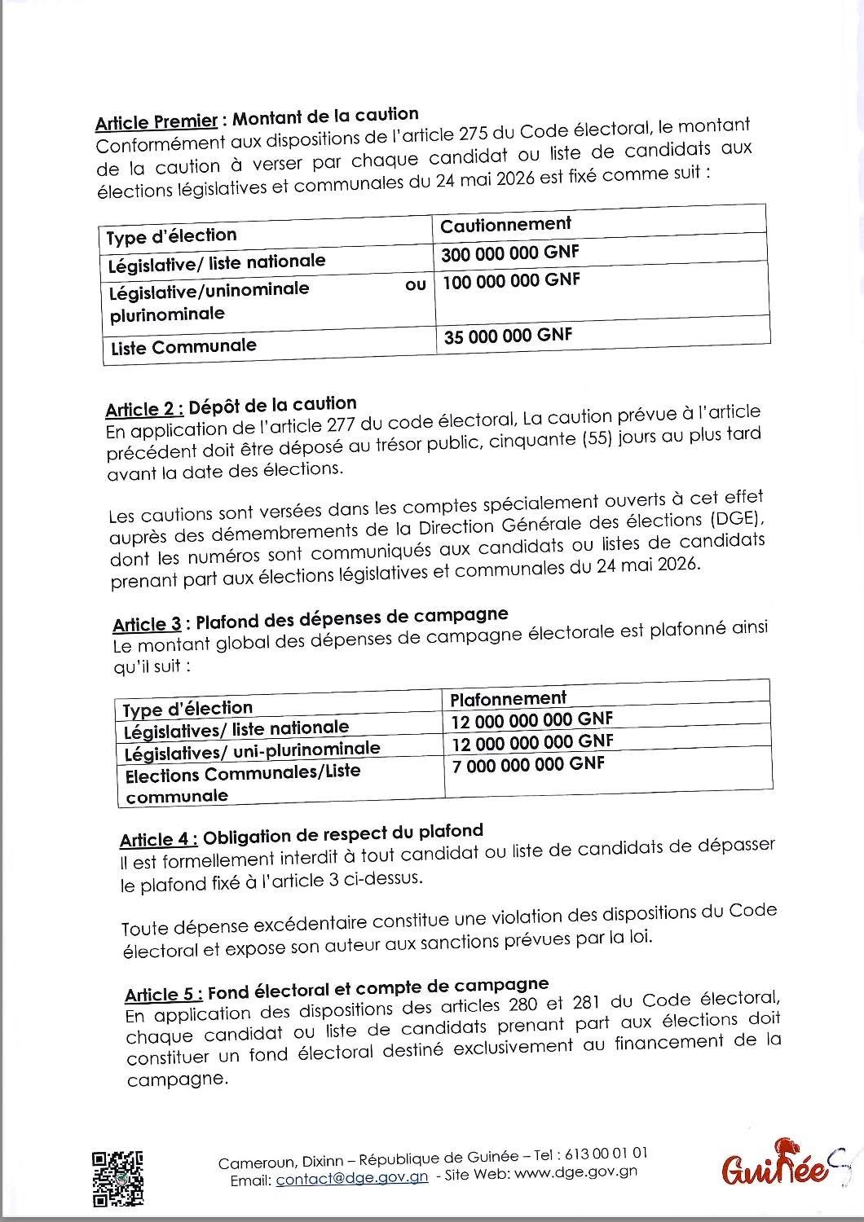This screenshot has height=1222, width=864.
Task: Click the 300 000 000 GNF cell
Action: click(x=509, y=253)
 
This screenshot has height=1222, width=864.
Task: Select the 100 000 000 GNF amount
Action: click(x=511, y=282)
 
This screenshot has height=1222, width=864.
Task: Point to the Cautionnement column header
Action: click(x=505, y=224)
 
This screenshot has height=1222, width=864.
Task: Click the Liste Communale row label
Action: click(x=183, y=346)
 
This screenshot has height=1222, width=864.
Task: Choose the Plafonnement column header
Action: click(x=508, y=698)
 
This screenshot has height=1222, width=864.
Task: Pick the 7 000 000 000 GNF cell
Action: click(x=528, y=765)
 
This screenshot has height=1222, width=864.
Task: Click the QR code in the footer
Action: click(x=118, y=1178)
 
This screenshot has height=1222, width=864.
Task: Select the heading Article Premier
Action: click(x=156, y=122)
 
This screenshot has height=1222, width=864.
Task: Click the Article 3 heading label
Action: click(x=147, y=625)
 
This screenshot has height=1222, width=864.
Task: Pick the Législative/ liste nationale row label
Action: click(x=217, y=263)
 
